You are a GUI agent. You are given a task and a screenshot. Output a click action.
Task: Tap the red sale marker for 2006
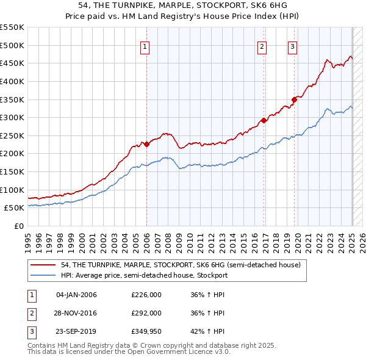coord(146,145)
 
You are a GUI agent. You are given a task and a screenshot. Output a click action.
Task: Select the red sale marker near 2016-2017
coord(264,121)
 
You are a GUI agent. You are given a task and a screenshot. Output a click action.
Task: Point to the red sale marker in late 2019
coord(294,99)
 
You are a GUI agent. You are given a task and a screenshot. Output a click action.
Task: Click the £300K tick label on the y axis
coord(12,117)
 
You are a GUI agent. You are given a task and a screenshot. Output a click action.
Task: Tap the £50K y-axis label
coord(15,207)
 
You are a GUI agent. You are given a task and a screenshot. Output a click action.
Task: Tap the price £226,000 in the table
coord(146,295)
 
